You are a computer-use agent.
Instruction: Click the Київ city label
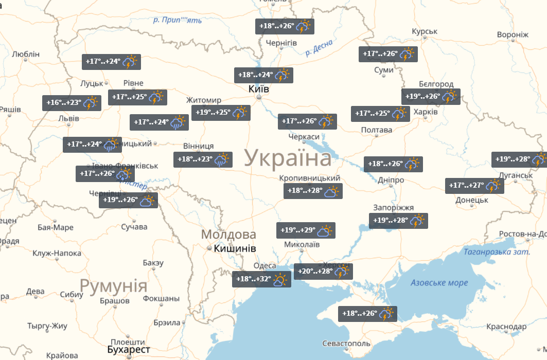pos(259,89)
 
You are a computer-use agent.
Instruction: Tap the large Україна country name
pos(288,158)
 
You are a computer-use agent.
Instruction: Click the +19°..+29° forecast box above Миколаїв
pos(306,230)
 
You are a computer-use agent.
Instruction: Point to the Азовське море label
pos(439,283)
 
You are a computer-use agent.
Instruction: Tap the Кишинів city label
pos(235,248)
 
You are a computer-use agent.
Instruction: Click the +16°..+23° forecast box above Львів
pos(71,103)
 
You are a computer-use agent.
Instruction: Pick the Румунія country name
pos(114,285)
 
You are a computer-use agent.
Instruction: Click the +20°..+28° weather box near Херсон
pos(322,272)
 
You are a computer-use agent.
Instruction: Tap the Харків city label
pos(426,112)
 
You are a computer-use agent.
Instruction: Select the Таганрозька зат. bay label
pos(497,252)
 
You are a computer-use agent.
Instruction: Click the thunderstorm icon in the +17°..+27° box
pos(493,186)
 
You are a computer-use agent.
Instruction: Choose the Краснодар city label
pos(506,327)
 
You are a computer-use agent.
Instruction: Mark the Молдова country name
pos(228,235)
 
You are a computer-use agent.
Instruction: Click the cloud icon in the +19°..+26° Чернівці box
pos(147,201)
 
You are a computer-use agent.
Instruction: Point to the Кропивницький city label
pos(309,178)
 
